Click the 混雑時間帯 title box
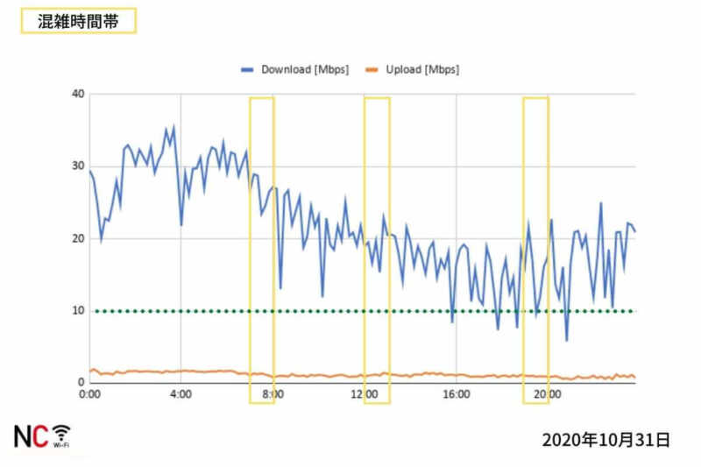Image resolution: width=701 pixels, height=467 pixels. tap(78, 22)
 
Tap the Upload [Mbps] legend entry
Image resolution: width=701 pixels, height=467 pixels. tap(412, 69)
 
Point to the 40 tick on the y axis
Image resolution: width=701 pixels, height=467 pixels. tap(78, 94)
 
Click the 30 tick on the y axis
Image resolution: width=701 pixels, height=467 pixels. tap(78, 166)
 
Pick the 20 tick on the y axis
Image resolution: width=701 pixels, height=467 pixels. tap(78, 238)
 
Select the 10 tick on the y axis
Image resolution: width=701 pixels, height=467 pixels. tap(78, 310)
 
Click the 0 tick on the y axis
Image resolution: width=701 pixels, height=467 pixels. tap(81, 383)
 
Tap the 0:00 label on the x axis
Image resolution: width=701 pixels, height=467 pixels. tap(89, 395)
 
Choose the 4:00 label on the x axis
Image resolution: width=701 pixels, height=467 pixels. tap(181, 395)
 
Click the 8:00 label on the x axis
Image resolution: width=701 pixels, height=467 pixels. tap(273, 395)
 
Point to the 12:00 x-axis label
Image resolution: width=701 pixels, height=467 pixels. tap(365, 395)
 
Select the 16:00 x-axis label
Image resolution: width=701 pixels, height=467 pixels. tap(457, 395)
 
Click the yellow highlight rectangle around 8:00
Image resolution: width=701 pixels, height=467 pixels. tap(262, 250)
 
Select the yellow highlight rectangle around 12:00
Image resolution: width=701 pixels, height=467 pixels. tap(377, 250)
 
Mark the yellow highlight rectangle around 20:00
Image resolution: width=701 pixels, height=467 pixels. tap(535, 250)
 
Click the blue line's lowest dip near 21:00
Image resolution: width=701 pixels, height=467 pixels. tap(567, 340)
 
